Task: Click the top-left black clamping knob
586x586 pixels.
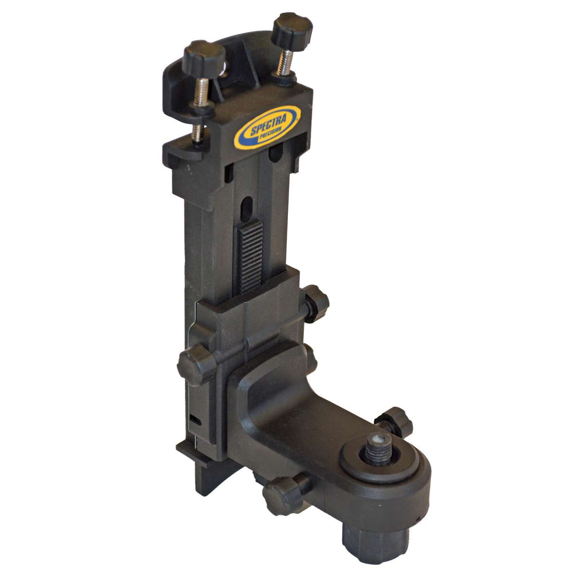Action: tap(204, 58)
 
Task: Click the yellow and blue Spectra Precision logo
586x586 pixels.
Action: tap(267, 126)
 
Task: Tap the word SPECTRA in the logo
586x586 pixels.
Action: tap(268, 124)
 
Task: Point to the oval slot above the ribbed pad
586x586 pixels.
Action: tap(247, 208)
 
